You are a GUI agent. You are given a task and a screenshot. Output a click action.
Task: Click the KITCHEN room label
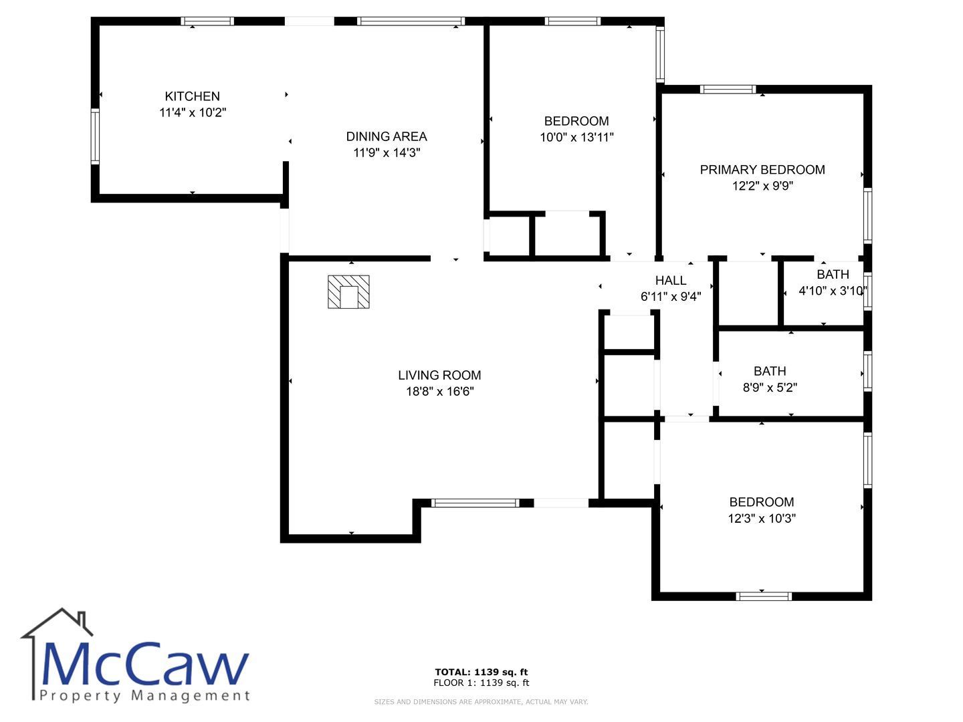[192, 96]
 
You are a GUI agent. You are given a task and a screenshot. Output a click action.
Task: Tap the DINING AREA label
[386, 136]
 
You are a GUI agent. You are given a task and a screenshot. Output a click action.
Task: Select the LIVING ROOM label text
[439, 375]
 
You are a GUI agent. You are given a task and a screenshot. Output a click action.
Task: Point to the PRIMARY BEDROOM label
[762, 170]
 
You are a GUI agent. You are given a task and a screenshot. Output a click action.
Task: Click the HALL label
[670, 280]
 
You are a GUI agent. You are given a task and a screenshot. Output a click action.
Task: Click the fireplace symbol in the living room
[348, 291]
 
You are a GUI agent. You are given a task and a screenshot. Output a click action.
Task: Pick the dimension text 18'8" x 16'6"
[439, 391]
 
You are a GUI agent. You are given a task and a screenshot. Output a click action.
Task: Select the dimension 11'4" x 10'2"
[193, 112]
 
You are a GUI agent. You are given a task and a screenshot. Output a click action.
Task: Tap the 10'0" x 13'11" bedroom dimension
[576, 137]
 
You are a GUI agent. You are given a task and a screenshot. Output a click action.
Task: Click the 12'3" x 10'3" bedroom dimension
[762, 518]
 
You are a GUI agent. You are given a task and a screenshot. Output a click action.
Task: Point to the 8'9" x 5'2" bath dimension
[770, 387]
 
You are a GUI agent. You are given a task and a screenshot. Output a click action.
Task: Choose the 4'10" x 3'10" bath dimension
[833, 291]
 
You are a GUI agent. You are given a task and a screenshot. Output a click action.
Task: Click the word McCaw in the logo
[144, 665]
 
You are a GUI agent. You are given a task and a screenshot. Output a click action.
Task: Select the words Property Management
[144, 696]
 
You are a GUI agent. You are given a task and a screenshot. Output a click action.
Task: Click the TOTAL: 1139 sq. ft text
[481, 672]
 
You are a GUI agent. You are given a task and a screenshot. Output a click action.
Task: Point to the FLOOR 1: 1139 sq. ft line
[481, 683]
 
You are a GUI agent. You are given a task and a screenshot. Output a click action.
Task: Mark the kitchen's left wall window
[95, 136]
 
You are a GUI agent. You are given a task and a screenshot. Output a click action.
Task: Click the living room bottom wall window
[475, 503]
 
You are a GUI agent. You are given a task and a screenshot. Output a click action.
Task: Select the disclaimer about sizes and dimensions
[481, 702]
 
